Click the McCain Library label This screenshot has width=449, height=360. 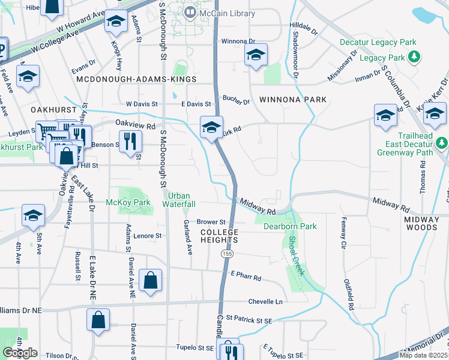coord(227,13)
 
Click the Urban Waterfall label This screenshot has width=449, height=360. coord(181,200)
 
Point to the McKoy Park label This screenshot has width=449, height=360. coord(128,202)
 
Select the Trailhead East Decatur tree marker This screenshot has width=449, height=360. coord(442,143)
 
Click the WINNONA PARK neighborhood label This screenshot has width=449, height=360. coord(292,99)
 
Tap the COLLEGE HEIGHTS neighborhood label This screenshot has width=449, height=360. coord(219,236)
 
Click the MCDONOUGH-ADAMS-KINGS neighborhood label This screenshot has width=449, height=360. coord(136,79)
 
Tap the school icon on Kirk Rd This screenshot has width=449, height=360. coord(211,127)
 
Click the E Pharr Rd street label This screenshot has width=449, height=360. coord(246,276)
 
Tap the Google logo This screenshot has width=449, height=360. coord(19,353)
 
